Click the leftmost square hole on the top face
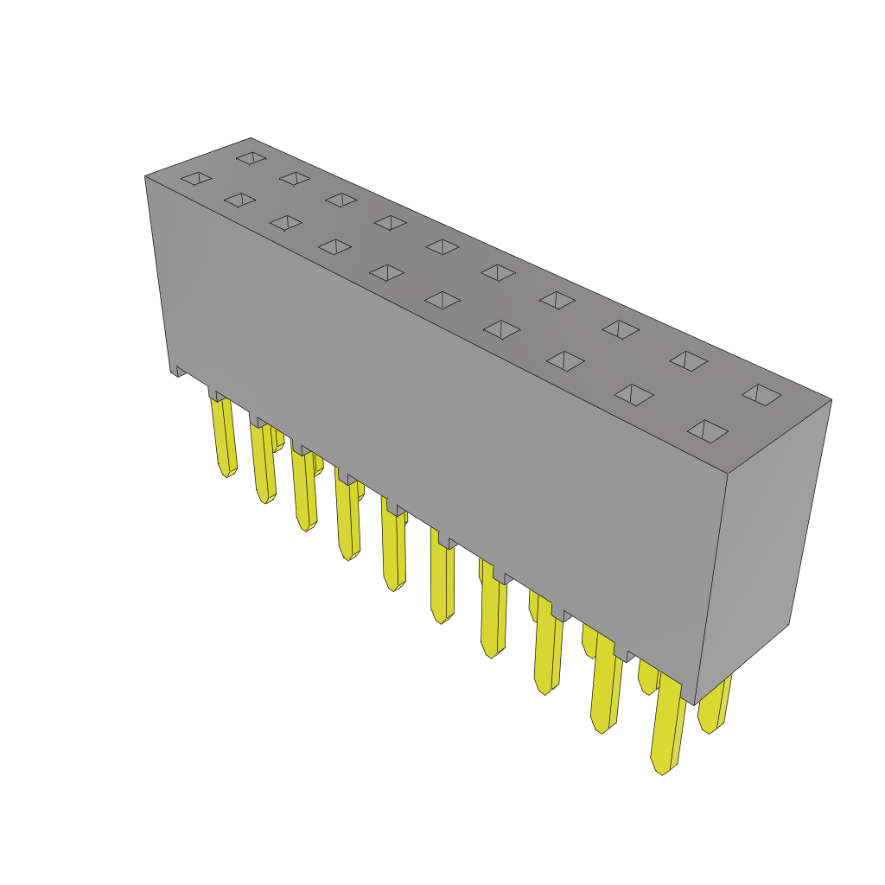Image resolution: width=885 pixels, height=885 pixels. point(196,178)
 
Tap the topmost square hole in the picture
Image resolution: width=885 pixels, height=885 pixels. point(251,158)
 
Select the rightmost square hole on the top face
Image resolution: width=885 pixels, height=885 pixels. point(761,395)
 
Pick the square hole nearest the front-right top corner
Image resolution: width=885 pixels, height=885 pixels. point(708,430)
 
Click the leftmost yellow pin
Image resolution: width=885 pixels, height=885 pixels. point(223,436)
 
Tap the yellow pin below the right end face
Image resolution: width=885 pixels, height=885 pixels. point(714,704)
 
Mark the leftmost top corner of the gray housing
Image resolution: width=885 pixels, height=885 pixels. point(145,176)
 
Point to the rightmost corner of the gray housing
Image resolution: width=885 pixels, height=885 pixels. point(831,399)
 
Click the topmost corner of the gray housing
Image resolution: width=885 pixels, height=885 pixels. point(251,138)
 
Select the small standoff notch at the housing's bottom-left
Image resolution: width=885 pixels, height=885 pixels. point(180,371)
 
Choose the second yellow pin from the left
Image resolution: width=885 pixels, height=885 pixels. point(264,462)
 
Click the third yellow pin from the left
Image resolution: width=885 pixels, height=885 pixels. point(304,489)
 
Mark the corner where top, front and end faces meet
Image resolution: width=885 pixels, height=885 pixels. point(728,474)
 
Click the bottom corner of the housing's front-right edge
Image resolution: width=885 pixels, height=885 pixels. point(694,704)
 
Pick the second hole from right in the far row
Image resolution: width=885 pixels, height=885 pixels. point(689,360)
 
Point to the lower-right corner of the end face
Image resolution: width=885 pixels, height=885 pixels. point(789,624)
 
